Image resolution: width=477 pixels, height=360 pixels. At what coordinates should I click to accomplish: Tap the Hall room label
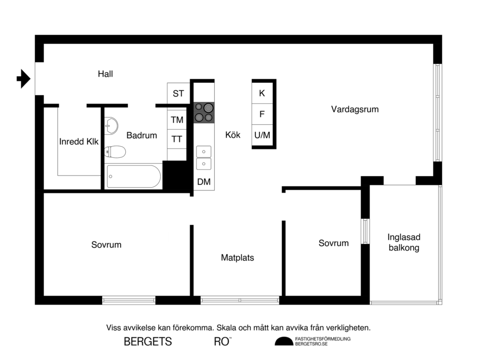tap(105, 74)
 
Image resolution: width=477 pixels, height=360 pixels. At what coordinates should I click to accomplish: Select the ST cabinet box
tap(178, 94)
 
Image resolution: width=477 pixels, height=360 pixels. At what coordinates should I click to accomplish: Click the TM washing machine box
tap(177, 120)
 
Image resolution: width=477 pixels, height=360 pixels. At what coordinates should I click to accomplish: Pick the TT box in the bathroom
tap(177, 139)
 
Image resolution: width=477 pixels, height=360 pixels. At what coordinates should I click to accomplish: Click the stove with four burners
tap(204, 112)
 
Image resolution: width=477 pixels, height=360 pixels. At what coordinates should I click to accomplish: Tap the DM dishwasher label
tap(204, 182)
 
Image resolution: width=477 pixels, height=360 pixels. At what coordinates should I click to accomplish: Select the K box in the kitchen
tap(262, 93)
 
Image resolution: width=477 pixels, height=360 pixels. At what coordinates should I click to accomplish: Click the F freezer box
tap(262, 114)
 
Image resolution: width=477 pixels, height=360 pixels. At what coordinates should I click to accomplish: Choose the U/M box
tap(262, 135)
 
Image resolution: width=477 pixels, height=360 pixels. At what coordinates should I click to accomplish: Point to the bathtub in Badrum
tap(133, 176)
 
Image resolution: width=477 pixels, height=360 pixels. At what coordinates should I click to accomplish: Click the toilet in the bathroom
tap(115, 151)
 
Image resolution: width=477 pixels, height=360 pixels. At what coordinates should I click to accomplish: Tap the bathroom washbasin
tap(111, 125)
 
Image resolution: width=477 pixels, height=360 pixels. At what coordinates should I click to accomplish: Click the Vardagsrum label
tap(354, 109)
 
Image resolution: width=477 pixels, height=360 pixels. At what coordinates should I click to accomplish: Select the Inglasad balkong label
tap(404, 242)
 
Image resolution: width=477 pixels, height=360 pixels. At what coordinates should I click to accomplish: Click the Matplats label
tap(238, 257)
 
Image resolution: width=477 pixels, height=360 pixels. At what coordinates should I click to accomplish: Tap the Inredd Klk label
tap(79, 142)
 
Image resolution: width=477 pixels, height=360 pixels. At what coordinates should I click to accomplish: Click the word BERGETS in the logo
tap(148, 341)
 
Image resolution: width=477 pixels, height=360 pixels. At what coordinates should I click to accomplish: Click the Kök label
tap(232, 135)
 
